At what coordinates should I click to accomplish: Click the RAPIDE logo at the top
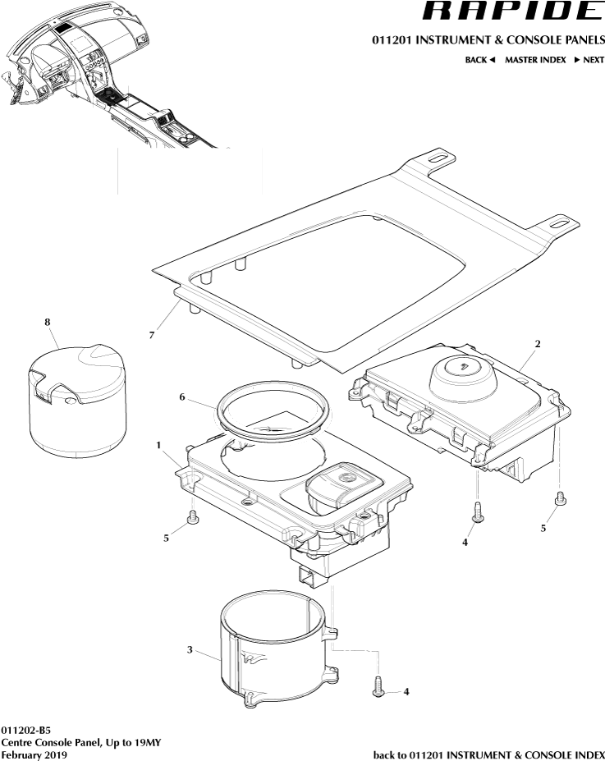(x=511, y=11)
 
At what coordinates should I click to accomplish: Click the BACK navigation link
(x=480, y=61)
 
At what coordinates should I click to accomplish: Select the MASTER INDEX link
(x=534, y=61)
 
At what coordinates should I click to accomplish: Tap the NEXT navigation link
(x=589, y=61)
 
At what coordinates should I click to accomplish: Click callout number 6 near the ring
(x=182, y=397)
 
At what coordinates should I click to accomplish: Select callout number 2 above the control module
(x=537, y=344)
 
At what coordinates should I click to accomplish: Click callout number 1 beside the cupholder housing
(x=157, y=444)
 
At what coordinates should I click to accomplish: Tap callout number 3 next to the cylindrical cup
(x=190, y=649)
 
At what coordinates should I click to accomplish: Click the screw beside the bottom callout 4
(x=378, y=686)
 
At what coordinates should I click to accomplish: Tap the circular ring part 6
(x=271, y=408)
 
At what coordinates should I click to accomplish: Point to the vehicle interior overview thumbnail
(x=107, y=78)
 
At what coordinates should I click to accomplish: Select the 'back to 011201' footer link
(x=488, y=754)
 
